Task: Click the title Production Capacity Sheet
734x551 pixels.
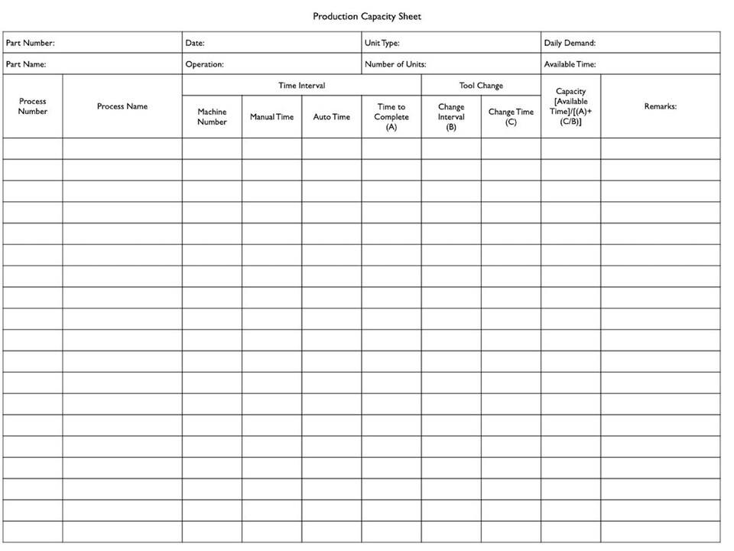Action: pos(367,16)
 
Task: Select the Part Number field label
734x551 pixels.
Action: pos(30,43)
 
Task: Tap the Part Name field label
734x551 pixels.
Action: pos(26,64)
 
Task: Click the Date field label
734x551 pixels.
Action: pos(195,43)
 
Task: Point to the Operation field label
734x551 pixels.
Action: pos(204,64)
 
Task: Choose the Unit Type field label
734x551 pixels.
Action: pos(382,43)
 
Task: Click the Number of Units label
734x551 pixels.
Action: pos(395,64)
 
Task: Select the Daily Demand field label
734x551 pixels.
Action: pos(570,43)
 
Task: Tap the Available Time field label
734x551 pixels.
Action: pos(570,64)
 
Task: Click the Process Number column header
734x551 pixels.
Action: pos(33,106)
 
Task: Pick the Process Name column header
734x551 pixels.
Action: pos(122,106)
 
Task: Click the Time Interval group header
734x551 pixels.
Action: pos(301,86)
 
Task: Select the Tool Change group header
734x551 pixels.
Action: pos(481,86)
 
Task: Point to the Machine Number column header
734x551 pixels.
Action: pos(212,116)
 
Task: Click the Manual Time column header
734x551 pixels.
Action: pos(271,117)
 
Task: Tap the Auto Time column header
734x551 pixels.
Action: pos(331,117)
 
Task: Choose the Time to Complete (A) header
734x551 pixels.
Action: pos(391,117)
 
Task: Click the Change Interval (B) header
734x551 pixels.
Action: pos(451,117)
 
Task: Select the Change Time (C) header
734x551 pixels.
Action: pos(511,116)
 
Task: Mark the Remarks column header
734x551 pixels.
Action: pos(660,106)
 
